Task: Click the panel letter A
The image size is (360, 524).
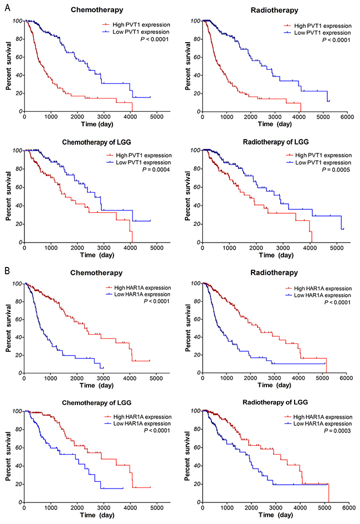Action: point(6,7)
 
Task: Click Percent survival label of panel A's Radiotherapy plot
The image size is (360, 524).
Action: point(186,66)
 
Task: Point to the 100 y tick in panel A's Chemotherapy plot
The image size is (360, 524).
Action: point(18,21)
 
